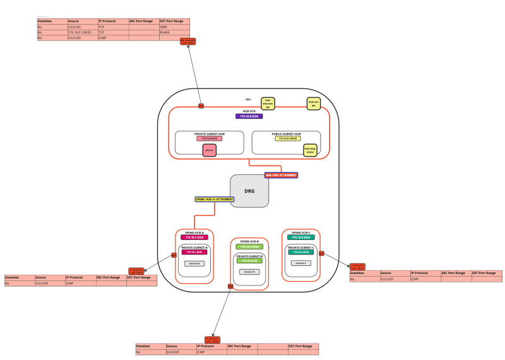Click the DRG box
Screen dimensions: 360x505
tap(249, 189)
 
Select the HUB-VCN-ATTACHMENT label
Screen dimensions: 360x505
tap(281, 174)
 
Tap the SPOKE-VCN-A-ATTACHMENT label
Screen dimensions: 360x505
tap(214, 199)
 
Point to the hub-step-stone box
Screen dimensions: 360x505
tap(310, 150)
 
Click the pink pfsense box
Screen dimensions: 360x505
tap(210, 150)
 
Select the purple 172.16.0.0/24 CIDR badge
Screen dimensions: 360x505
tap(249, 116)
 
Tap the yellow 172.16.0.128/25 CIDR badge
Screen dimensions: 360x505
tap(287, 138)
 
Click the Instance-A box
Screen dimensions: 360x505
tap(194, 263)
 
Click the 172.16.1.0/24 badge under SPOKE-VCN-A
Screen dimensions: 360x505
tap(194, 237)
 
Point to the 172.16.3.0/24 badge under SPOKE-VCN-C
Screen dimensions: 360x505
tap(300, 237)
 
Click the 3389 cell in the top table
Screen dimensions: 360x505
tap(174, 27)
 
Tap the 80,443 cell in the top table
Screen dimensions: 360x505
tap(174, 32)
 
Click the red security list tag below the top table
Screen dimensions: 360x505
tap(187, 42)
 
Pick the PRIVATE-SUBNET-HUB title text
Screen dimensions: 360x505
tap(210, 134)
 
